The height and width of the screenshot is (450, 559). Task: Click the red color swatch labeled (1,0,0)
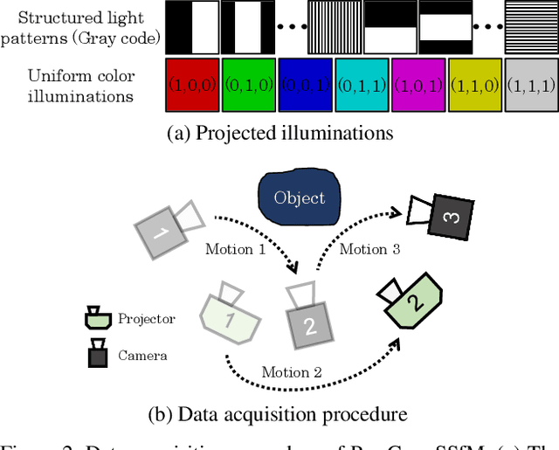(x=191, y=86)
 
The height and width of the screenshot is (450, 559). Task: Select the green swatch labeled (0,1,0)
(x=248, y=86)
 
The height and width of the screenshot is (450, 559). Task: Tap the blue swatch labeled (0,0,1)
(x=305, y=86)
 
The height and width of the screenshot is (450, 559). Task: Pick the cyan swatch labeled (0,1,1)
(x=362, y=86)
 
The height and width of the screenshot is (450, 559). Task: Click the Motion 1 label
(x=235, y=249)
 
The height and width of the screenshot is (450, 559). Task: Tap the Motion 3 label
(x=369, y=249)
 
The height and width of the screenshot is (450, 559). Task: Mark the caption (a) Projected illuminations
(x=279, y=134)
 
